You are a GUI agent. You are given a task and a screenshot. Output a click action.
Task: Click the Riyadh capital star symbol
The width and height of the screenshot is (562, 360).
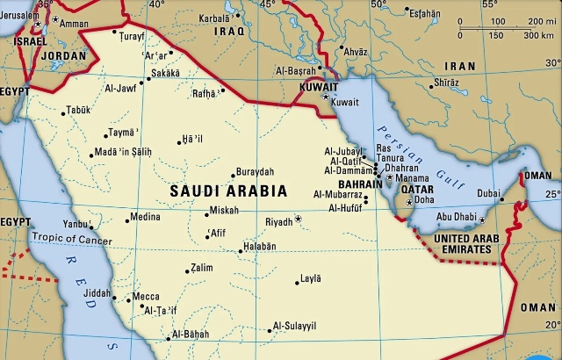(299, 219)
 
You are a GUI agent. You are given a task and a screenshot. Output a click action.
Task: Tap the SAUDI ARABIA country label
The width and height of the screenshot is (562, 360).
(228, 191)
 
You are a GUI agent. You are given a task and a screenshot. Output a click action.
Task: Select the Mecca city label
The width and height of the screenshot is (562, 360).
(146, 297)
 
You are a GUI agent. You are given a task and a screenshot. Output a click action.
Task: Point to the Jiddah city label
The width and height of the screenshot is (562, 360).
(98, 293)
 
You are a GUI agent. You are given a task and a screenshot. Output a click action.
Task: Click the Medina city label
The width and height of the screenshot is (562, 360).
(145, 216)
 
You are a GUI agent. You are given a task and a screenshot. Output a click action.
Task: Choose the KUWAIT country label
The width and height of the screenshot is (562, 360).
(318, 88)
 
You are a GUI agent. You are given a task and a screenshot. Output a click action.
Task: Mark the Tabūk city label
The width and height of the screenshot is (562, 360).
(79, 112)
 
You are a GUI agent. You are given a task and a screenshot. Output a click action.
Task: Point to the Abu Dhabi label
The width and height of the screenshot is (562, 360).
(457, 217)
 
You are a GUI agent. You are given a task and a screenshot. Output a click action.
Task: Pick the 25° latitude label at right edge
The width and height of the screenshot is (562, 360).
(551, 194)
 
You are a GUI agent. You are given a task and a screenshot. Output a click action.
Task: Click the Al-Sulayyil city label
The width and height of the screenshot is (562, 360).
(294, 326)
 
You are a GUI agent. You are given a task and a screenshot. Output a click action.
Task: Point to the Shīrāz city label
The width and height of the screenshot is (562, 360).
(446, 83)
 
